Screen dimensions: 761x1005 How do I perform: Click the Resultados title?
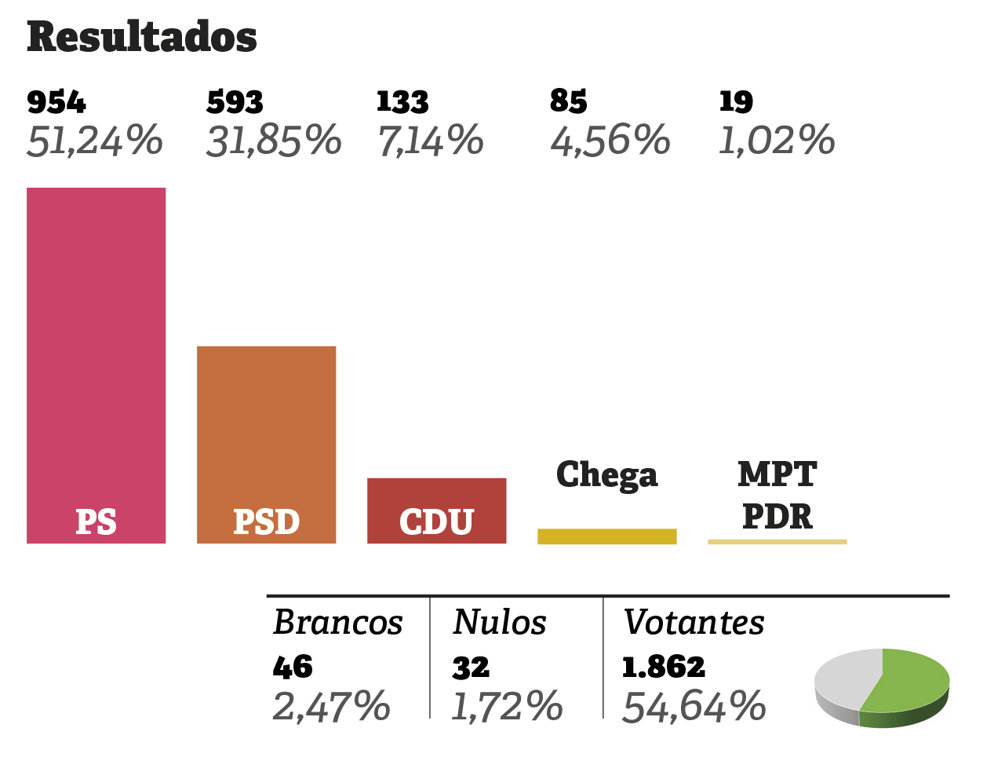point(142,37)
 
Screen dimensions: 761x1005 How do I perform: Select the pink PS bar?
point(96,353)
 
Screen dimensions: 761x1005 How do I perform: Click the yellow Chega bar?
point(606,536)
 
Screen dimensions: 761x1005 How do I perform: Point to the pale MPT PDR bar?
point(777,542)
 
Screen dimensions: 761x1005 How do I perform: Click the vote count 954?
point(56,102)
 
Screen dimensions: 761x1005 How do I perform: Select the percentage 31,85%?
point(274,141)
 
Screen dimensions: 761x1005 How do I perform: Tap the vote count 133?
point(402,102)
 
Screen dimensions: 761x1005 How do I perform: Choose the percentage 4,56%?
point(610,141)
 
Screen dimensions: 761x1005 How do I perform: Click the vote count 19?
point(736,101)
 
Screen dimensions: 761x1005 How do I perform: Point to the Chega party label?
point(606,475)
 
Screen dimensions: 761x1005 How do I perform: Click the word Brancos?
point(337,623)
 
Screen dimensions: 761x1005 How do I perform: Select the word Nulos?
point(500,623)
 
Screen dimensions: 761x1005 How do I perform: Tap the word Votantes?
point(694,623)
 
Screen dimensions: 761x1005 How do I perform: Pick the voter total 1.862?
point(664,667)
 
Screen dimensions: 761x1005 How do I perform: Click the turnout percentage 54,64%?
point(694,707)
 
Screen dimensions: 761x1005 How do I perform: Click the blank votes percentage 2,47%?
point(331,707)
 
